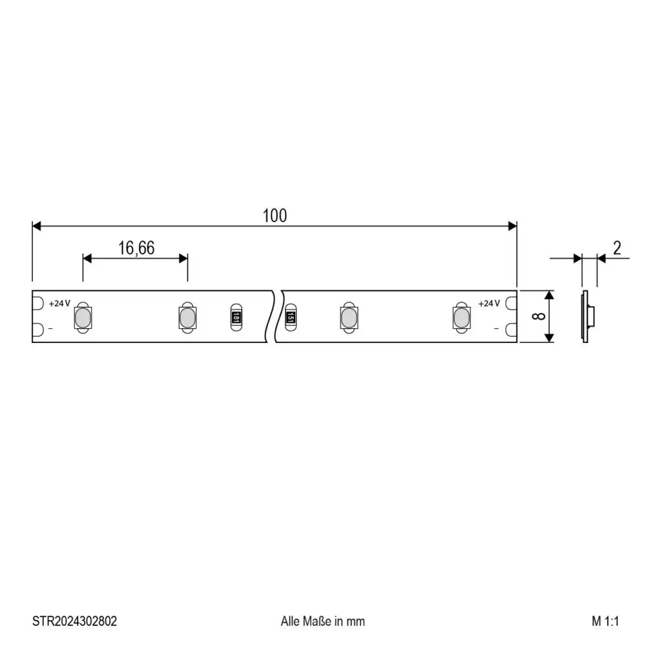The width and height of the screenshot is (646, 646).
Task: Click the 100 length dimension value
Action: pyautogui.click(x=275, y=216)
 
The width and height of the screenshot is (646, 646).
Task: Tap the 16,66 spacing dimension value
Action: pyautogui.click(x=136, y=248)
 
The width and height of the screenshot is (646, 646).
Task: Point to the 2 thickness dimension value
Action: pyautogui.click(x=616, y=248)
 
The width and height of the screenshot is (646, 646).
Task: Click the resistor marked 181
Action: pyautogui.click(x=237, y=317)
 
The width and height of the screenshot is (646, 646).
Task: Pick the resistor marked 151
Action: pyautogui.click(x=291, y=317)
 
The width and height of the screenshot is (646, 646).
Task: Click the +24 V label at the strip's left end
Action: pyautogui.click(x=59, y=304)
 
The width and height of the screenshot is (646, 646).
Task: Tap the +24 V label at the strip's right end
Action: pyautogui.click(x=488, y=304)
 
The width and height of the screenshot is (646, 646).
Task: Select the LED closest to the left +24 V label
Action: pyautogui.click(x=83, y=317)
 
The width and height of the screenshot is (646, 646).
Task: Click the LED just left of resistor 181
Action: pyautogui.click(x=186, y=317)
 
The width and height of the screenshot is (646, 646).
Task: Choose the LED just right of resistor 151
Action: pyautogui.click(x=348, y=317)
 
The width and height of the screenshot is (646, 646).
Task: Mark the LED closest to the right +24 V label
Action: pyautogui.click(x=461, y=317)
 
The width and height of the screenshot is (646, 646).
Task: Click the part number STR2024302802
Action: pyautogui.click(x=75, y=621)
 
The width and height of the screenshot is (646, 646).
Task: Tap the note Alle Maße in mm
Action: pyautogui.click(x=322, y=621)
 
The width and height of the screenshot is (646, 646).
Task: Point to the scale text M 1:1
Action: pyautogui.click(x=605, y=621)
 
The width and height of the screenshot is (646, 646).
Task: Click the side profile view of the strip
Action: pyautogui.click(x=586, y=317)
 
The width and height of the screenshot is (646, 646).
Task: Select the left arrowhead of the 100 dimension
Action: pyautogui.click(x=37, y=226)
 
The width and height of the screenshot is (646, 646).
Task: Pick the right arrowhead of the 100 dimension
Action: pyautogui.click(x=512, y=226)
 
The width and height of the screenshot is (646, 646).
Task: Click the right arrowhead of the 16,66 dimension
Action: pyautogui.click(x=183, y=258)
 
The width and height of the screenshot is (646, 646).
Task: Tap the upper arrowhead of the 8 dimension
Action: pyautogui.click(x=549, y=296)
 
